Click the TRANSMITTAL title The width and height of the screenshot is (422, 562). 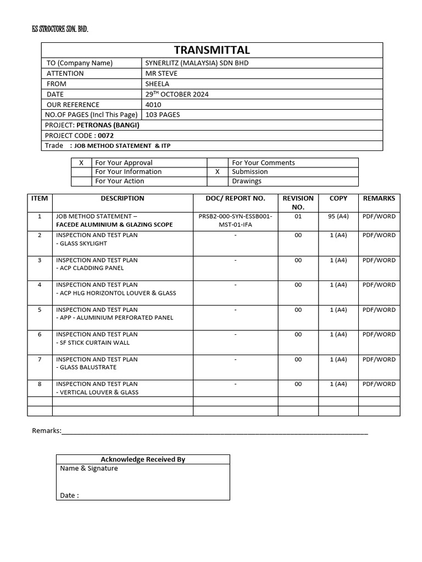tap(212, 49)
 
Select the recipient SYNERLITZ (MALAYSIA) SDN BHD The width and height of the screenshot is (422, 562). tap(197, 63)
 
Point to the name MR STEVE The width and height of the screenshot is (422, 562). tap(161, 74)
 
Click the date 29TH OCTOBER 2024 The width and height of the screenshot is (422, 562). tap(176, 94)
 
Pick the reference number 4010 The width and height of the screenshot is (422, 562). tap(153, 105)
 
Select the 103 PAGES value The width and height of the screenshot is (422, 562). tap(162, 115)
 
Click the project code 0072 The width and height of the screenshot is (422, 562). tap(105, 136)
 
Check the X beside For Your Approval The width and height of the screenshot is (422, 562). tap(81, 163)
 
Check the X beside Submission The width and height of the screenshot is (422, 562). tap(218, 172)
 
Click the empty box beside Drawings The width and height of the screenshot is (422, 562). tap(218, 181)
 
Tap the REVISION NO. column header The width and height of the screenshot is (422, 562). tap(298, 203)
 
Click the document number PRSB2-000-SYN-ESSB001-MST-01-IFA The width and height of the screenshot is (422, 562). tap(235, 220)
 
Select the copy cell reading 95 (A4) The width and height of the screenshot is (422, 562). tap(338, 216)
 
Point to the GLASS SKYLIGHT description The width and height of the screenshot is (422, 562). tap(81, 243)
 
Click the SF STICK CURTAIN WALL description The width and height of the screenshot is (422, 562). tap(93, 342)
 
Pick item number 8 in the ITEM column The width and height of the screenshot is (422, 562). tap(40, 384)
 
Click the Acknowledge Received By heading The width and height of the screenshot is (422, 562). tap(143, 459)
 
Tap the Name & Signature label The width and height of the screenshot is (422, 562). tap(89, 469)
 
